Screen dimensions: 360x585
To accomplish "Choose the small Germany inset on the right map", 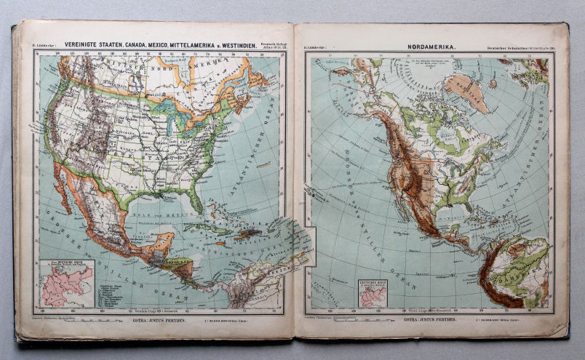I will click(372, 294).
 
